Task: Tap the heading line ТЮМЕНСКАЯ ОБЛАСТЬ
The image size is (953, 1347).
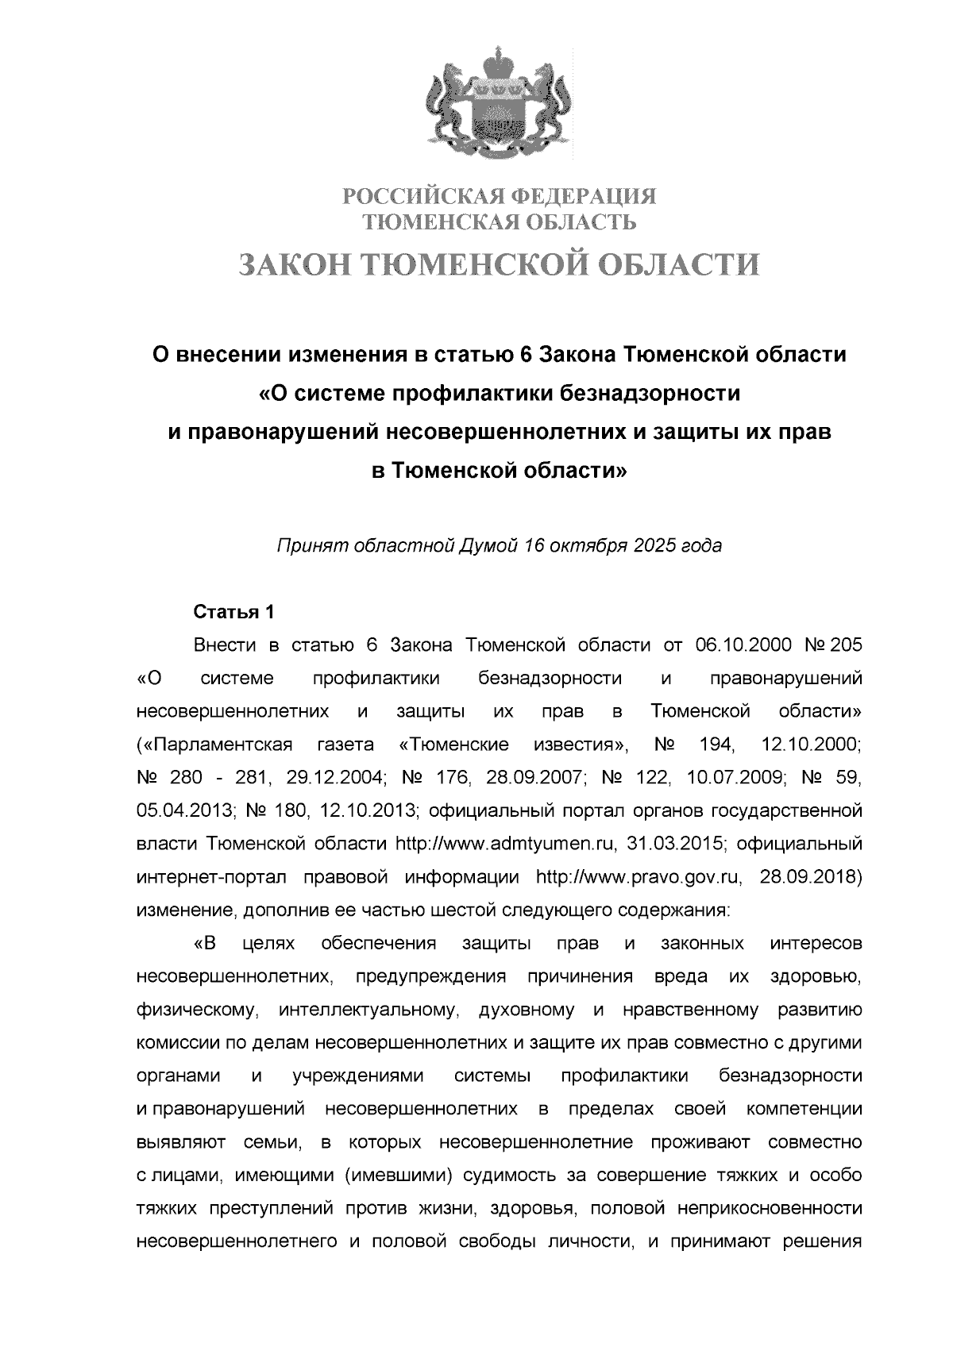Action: [x=500, y=223]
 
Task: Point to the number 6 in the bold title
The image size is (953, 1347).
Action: [x=524, y=354]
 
